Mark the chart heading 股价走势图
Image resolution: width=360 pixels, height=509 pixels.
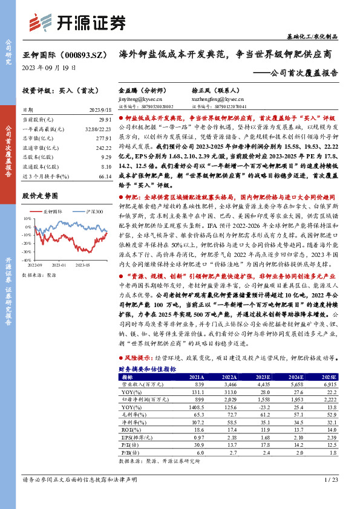pyautogui.click(x=40, y=196)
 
